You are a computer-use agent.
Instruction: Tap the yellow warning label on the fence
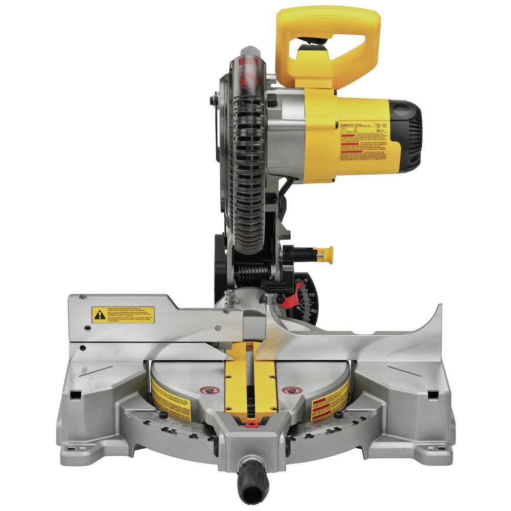[x=123, y=314]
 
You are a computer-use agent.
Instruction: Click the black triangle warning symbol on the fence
[x=99, y=315]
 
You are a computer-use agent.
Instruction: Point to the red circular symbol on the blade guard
[x=247, y=80]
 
